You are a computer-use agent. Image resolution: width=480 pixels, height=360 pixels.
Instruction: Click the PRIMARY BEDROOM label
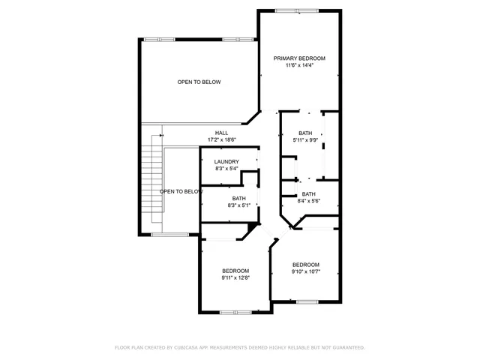click(x=299, y=58)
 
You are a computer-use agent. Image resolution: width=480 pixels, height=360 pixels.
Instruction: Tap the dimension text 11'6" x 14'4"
click(x=299, y=65)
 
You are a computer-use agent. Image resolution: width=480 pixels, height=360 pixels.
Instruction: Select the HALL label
click(x=221, y=133)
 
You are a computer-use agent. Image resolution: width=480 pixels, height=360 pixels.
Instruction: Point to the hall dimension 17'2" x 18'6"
click(x=221, y=139)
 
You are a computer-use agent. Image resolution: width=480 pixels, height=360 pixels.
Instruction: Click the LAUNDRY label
click(x=226, y=162)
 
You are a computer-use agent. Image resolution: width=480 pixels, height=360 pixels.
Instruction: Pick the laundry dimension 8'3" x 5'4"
click(x=226, y=169)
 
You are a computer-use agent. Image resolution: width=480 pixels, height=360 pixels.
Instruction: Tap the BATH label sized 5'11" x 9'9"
click(x=304, y=133)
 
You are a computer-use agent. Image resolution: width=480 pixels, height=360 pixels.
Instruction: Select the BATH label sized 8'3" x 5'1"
click(x=238, y=198)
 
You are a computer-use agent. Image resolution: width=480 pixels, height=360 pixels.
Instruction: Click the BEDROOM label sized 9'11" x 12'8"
click(x=235, y=271)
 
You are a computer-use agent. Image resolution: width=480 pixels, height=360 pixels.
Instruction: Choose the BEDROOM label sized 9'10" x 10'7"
click(x=305, y=265)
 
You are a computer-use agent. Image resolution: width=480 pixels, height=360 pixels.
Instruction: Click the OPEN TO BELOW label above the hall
click(x=199, y=82)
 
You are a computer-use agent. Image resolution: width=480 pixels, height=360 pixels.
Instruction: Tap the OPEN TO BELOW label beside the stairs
click(x=181, y=191)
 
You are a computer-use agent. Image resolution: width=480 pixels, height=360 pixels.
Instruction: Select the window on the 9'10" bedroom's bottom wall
click(x=307, y=301)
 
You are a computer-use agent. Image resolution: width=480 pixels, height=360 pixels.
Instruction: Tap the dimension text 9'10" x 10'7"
click(x=305, y=271)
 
